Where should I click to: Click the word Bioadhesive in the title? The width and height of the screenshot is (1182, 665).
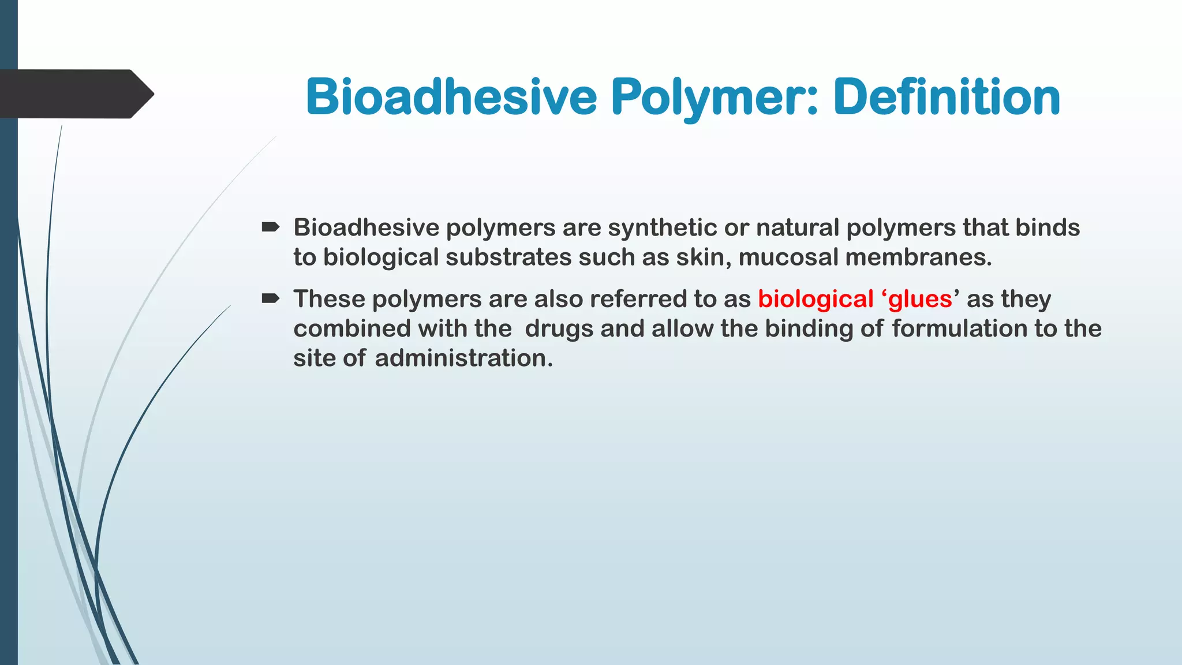click(451, 97)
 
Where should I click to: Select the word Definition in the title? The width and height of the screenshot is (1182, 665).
click(947, 97)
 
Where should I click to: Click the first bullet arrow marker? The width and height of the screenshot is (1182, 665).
click(270, 227)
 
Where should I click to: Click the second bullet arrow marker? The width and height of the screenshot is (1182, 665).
click(270, 298)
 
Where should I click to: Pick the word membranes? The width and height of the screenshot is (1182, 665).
click(918, 257)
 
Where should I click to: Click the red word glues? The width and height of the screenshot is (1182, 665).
click(920, 299)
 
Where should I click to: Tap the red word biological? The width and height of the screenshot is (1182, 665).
click(816, 299)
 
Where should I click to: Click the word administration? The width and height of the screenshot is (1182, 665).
click(463, 358)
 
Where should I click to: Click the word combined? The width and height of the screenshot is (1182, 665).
click(352, 328)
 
